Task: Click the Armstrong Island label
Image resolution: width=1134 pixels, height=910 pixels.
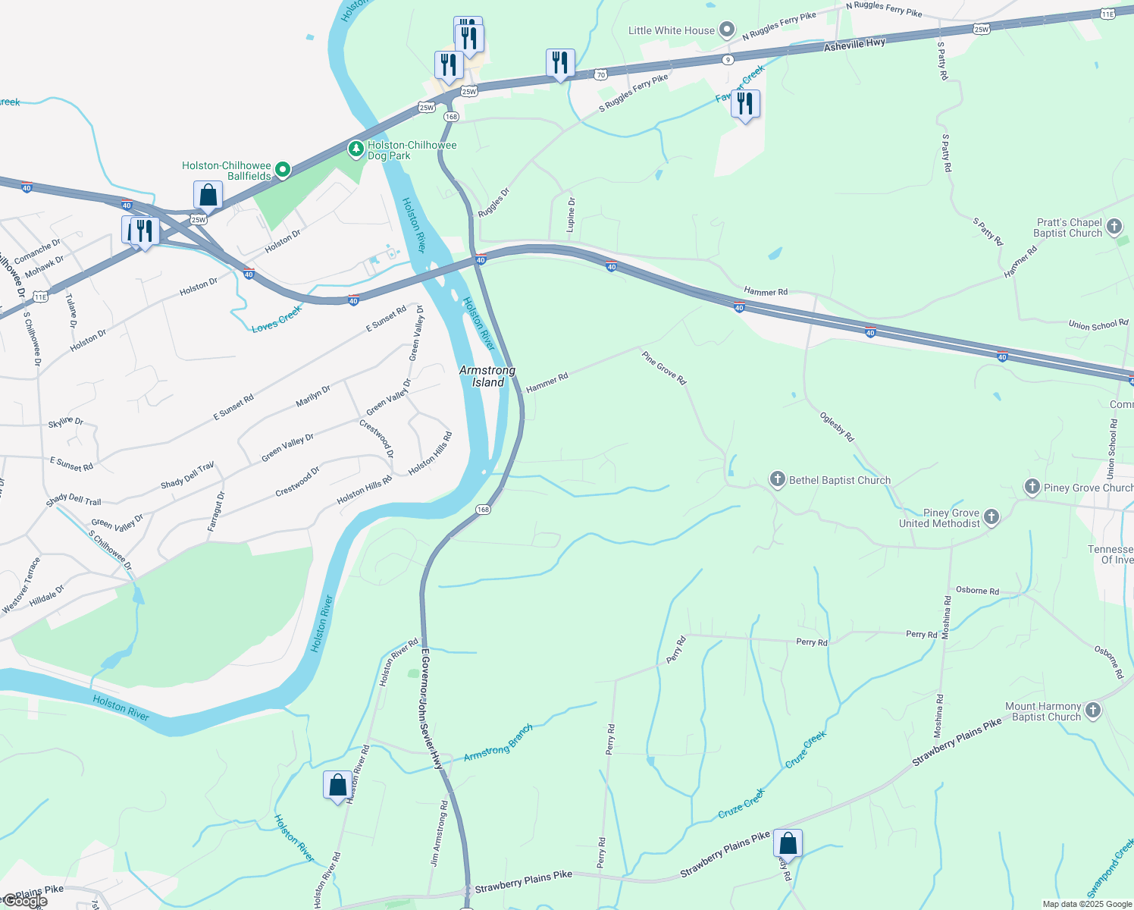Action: [x=487, y=376]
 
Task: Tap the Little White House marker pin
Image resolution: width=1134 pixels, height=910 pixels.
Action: [x=727, y=30]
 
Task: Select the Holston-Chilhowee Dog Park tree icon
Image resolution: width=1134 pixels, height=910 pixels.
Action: [x=356, y=149]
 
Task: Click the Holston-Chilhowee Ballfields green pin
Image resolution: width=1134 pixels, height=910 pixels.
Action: [x=282, y=170]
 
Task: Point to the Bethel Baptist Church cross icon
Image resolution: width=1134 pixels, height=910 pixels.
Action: [x=777, y=479]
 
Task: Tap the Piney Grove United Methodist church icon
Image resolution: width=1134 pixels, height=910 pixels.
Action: [x=991, y=517]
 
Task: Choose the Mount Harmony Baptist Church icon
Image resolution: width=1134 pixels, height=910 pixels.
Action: [x=1092, y=711]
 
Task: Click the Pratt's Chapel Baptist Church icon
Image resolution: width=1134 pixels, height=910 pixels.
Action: [x=1114, y=227]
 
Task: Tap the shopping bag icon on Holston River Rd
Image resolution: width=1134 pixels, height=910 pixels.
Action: [x=337, y=786]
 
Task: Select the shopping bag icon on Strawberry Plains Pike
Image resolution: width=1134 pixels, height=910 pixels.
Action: [x=788, y=844]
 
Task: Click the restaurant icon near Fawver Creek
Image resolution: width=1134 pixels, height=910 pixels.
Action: [x=745, y=105]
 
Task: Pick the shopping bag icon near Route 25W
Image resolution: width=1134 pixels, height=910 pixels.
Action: [x=208, y=196]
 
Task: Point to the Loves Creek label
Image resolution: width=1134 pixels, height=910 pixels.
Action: [x=277, y=318]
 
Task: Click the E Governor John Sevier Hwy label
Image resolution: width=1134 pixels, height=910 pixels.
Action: [x=429, y=709]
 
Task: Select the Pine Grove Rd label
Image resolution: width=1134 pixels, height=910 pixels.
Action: [x=663, y=368]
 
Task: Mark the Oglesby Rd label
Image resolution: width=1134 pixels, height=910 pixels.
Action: [x=837, y=427]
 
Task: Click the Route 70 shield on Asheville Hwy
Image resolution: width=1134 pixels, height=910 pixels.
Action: [x=600, y=74]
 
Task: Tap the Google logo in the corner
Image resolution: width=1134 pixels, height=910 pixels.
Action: [x=25, y=901]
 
